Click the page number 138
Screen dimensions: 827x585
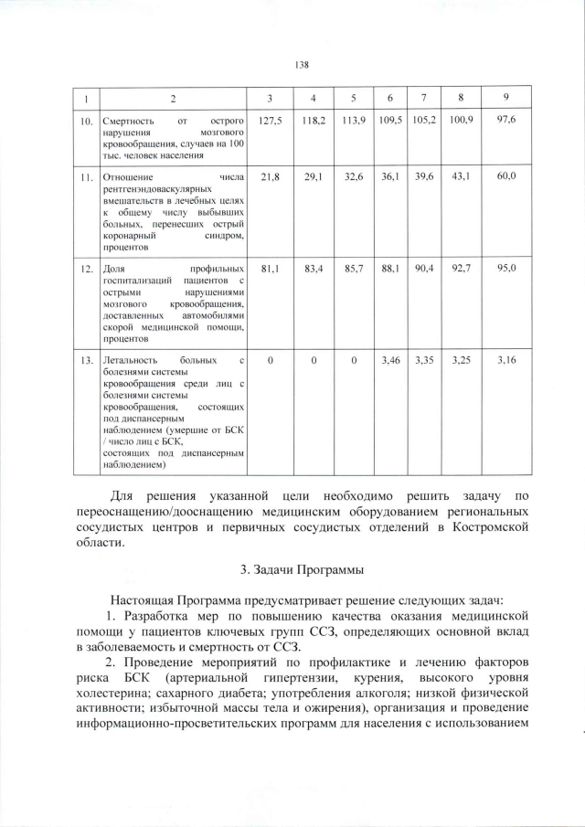click(x=303, y=65)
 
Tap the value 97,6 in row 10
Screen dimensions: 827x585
click(x=506, y=120)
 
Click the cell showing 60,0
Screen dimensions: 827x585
click(x=506, y=175)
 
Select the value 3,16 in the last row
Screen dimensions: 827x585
click(x=506, y=360)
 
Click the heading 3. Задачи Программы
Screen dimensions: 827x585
click(x=303, y=570)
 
